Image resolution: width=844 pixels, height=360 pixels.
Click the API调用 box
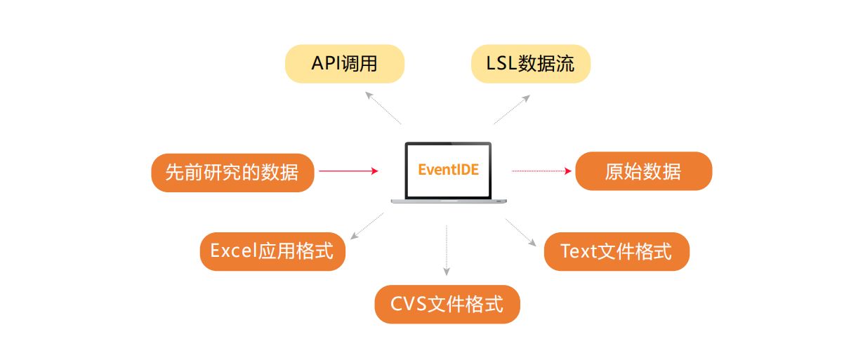(x=345, y=64)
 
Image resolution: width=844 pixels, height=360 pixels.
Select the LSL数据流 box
(x=531, y=64)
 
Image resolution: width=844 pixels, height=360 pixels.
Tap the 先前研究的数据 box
(x=232, y=173)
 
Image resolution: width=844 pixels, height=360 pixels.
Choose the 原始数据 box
(x=644, y=171)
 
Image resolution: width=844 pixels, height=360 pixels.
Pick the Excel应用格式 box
(x=272, y=251)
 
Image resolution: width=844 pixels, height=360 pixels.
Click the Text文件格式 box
(x=616, y=251)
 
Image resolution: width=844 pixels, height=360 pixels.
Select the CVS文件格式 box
(x=447, y=304)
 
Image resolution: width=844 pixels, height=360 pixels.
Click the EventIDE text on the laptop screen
(x=449, y=170)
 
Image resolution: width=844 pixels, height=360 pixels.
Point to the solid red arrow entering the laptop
(x=348, y=171)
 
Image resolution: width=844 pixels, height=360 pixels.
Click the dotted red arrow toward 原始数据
(x=541, y=171)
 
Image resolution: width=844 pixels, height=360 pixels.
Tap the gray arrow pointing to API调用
(x=383, y=107)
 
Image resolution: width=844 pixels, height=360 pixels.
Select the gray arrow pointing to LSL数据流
(x=512, y=109)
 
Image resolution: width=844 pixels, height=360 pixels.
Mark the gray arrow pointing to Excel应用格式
(x=367, y=226)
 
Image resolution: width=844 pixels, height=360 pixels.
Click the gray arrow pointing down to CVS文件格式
(x=447, y=251)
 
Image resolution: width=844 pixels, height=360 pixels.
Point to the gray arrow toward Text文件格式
(x=521, y=232)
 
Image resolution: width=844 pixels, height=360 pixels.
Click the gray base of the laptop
(x=449, y=201)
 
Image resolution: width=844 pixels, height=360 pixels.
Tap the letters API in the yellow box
(x=327, y=63)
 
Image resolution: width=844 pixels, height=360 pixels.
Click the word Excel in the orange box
(x=234, y=251)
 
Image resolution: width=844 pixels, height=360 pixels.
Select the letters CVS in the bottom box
(x=409, y=304)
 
